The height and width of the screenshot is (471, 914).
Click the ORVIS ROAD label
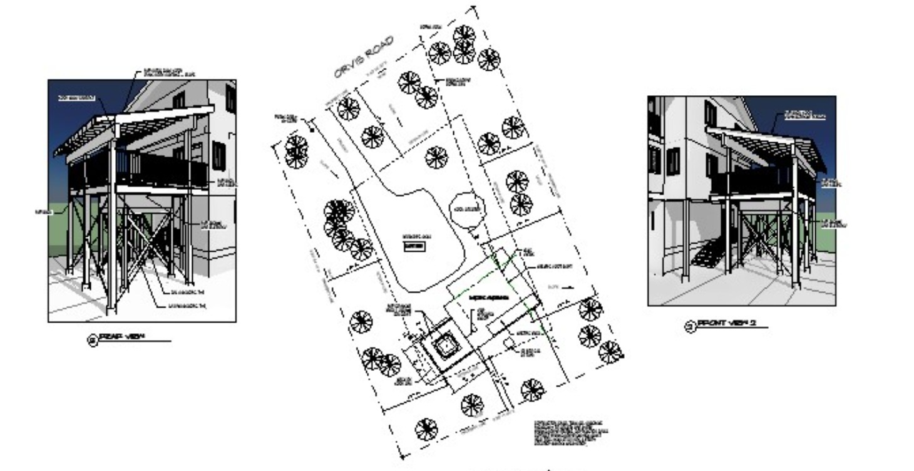point(363,57)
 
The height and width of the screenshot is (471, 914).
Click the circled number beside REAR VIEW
point(92,341)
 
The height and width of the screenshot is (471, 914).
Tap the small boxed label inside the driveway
point(415,246)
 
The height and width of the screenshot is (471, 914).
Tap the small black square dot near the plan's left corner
point(311,131)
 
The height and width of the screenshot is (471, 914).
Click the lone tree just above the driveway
point(436,157)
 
